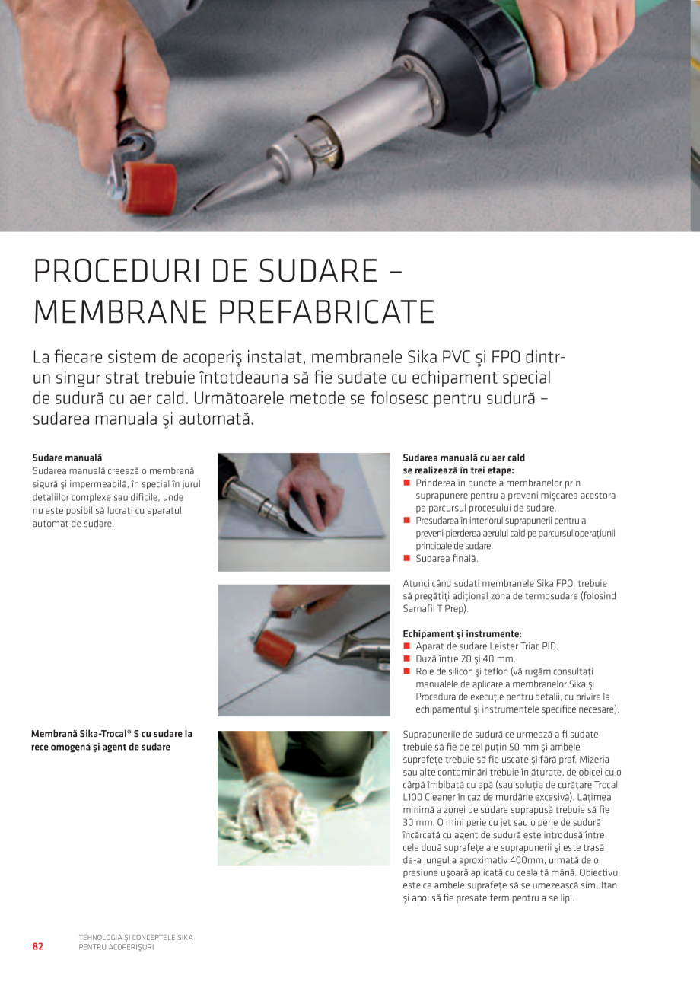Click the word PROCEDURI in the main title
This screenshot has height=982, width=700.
point(117,271)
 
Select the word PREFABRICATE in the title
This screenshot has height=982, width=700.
point(326,312)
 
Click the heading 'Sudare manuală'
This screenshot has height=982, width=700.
point(67,458)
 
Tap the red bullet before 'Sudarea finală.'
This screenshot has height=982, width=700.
point(406,558)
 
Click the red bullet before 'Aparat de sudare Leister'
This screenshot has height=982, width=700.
point(406,646)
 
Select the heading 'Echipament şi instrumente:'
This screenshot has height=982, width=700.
point(462,633)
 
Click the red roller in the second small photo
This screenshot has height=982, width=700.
point(275,649)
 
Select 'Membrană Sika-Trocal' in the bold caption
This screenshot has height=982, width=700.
point(79,734)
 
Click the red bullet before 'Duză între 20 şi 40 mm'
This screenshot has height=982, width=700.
point(406,658)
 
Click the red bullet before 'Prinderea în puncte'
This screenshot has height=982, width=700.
point(406,483)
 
